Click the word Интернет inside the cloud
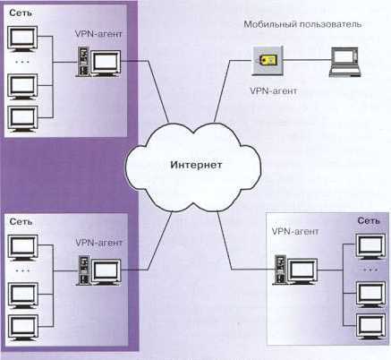click(x=196, y=165)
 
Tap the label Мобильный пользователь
click(x=302, y=24)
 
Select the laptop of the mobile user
click(x=345, y=62)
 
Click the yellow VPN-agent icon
click(x=267, y=60)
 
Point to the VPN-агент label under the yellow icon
click(x=273, y=90)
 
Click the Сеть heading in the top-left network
click(x=21, y=13)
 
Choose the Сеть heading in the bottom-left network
click(x=21, y=222)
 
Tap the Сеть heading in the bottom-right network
click(x=369, y=220)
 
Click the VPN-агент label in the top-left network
click(x=98, y=34)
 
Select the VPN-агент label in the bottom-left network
click(x=99, y=242)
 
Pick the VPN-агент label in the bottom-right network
click(x=295, y=231)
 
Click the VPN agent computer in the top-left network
click(x=98, y=62)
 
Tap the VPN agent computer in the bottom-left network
click(x=98, y=270)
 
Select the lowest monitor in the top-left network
click(x=22, y=119)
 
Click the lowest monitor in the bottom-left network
click(x=23, y=328)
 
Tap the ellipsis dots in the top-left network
click(x=22, y=62)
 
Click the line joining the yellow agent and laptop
click(x=306, y=60)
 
